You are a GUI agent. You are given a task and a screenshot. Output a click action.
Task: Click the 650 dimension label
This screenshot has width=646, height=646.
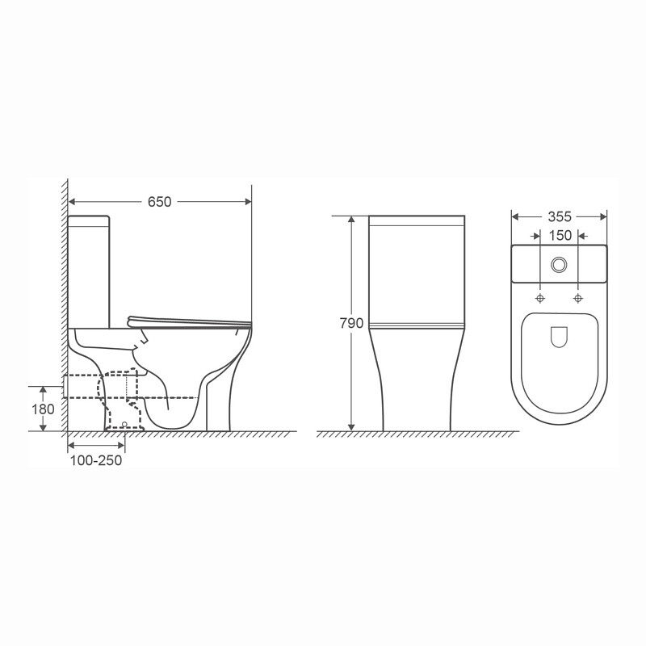click(x=159, y=202)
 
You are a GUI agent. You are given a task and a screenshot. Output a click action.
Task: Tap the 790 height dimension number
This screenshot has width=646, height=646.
click(x=351, y=324)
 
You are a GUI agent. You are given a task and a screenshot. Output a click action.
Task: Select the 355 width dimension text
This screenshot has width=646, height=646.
click(x=560, y=216)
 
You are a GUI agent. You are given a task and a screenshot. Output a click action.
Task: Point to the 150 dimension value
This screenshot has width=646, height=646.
click(x=560, y=236)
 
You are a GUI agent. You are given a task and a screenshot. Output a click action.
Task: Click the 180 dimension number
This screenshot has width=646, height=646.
click(x=43, y=409)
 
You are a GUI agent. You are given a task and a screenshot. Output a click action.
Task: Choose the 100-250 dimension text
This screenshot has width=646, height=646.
click(x=95, y=460)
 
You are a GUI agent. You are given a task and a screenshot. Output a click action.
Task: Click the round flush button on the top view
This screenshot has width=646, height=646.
click(x=559, y=265)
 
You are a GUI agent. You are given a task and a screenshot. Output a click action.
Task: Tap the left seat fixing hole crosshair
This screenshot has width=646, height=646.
click(x=540, y=298)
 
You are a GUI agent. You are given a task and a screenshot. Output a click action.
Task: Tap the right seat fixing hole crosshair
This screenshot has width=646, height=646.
click(x=578, y=298)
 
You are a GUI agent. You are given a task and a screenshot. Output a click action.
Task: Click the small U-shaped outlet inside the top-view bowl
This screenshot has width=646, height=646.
click(x=559, y=337)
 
